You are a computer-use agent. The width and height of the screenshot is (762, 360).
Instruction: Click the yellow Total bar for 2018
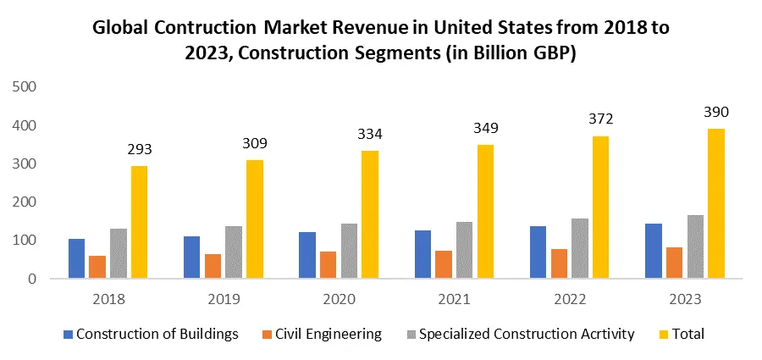tap(139, 222)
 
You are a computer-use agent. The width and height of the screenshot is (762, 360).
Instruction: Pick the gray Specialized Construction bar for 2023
tap(695, 246)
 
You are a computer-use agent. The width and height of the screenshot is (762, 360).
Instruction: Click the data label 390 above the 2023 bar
tap(715, 113)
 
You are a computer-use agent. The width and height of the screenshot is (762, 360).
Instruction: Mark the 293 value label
tap(140, 150)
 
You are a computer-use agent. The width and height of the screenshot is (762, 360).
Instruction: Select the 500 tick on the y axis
tap(25, 86)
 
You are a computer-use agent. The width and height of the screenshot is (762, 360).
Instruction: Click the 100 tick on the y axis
tap(25, 241)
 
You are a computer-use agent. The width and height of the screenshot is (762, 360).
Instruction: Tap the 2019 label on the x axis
tap(224, 299)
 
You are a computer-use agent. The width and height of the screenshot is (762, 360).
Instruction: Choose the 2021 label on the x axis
tap(454, 299)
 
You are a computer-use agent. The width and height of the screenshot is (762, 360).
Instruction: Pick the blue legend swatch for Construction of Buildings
tap(68, 334)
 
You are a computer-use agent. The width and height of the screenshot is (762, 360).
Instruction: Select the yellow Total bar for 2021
tap(485, 212)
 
